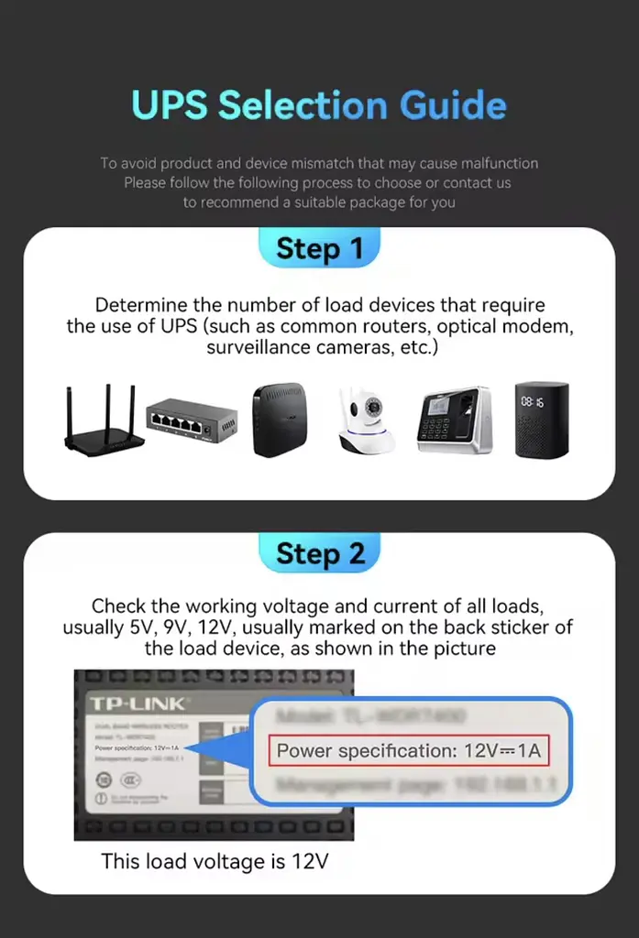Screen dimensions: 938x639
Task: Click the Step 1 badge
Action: (319, 248)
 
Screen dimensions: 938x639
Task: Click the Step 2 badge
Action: (319, 553)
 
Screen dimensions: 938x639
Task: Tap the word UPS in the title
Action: (171, 104)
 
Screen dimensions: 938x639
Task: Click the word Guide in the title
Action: (453, 104)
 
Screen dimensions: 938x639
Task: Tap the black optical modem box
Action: (279, 420)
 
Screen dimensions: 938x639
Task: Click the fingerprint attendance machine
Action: (454, 420)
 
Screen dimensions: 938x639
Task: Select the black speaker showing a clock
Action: (541, 420)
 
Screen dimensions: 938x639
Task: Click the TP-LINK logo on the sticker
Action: (138, 703)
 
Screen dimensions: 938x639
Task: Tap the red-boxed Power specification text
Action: (410, 751)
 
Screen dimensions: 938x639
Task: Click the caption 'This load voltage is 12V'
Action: (214, 861)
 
